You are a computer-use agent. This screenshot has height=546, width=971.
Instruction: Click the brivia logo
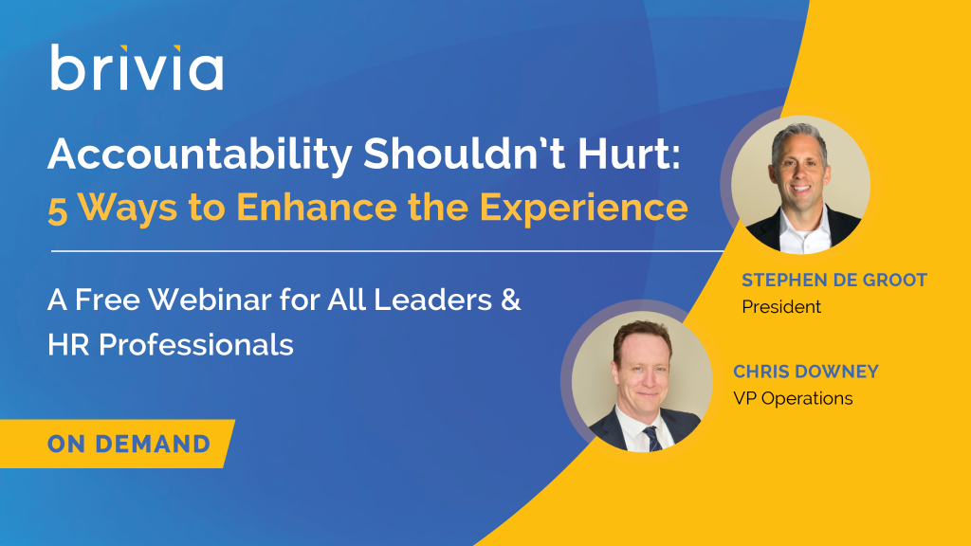tap(137, 67)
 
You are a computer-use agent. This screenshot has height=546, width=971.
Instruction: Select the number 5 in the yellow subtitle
tap(58, 209)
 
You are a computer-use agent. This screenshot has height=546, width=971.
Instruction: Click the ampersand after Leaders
tap(510, 300)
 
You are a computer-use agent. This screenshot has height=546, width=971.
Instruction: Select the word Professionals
tap(195, 344)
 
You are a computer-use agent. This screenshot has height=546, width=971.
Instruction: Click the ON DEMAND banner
tap(117, 444)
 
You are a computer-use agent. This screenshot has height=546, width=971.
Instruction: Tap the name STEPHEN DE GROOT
tap(834, 280)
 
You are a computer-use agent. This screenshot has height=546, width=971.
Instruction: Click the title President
tap(781, 306)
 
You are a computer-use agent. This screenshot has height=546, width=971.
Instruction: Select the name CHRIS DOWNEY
tap(806, 372)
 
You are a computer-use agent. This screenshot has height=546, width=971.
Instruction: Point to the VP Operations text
tap(793, 398)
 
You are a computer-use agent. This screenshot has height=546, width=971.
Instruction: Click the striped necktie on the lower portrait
tap(651, 438)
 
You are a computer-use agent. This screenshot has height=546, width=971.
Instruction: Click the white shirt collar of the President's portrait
tap(804, 229)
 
